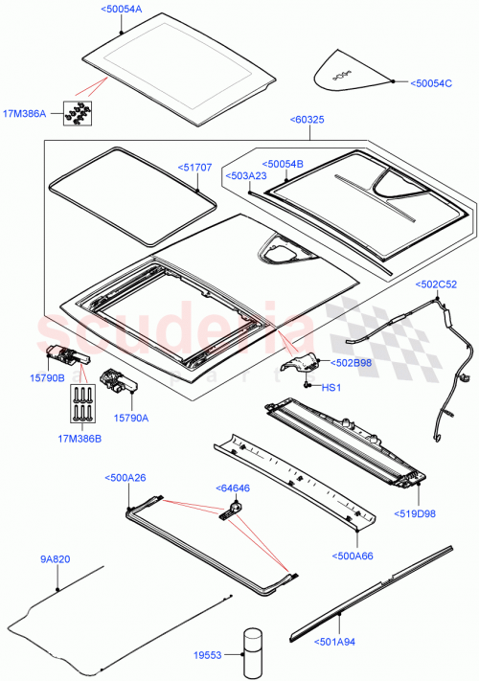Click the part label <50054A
(x=120, y=9)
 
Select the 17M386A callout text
(x=26, y=114)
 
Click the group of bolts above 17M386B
(x=80, y=404)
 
